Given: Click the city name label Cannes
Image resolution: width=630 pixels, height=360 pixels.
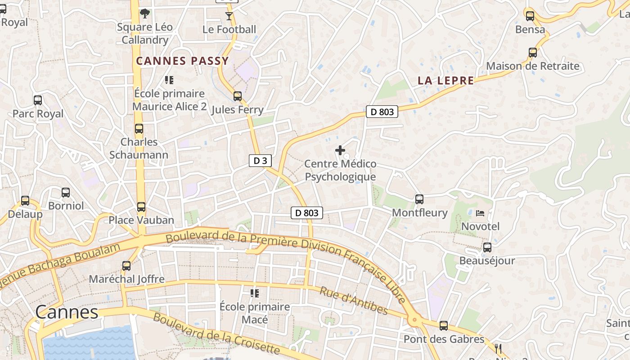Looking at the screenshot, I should coord(67,312).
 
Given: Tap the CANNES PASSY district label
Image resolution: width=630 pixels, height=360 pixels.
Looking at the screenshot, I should coord(183,61).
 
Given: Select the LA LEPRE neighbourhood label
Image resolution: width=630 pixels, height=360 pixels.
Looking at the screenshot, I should coord(445,81).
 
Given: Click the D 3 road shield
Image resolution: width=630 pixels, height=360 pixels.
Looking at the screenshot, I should coord(260,161).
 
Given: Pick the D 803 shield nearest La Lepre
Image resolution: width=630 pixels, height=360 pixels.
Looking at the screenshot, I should coord(382,112).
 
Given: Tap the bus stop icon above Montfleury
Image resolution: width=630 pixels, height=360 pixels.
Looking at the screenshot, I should coord(419,199).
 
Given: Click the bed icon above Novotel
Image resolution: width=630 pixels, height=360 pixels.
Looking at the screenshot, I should coord(480,212).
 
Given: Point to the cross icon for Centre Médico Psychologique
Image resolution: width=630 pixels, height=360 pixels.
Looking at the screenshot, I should coord(340,150).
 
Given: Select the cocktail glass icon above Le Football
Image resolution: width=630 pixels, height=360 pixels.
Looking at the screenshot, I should coord(229,16).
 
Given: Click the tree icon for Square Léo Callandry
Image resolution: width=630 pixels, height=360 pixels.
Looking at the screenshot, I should coord(144,13).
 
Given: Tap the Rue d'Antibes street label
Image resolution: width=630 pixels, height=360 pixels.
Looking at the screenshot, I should coord(353,301).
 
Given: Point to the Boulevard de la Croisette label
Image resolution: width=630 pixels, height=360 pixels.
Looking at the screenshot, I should coord(216,333).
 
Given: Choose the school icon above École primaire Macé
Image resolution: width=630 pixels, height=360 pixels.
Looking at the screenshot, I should coord(255,293).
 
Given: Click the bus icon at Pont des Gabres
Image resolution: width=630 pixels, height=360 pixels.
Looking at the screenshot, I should coord(444,326).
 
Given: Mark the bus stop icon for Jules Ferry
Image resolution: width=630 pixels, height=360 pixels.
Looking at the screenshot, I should coord(237,96).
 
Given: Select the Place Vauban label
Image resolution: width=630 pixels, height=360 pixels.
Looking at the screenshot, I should coord(141,220).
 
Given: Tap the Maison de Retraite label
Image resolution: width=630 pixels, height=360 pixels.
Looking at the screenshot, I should coord(533,66).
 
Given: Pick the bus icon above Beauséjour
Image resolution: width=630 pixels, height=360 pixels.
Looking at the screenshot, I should coord(487,247).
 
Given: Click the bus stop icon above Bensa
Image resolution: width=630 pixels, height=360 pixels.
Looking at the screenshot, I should coord(530,16).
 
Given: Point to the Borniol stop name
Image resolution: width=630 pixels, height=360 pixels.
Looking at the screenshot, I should coord(66,206).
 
